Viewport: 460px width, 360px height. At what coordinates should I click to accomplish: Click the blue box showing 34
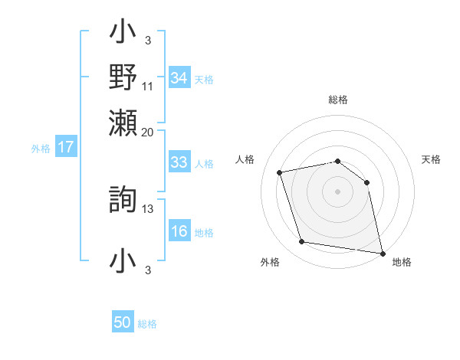point(179,78)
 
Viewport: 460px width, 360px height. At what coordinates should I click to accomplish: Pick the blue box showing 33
point(179,162)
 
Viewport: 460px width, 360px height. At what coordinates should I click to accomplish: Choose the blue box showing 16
point(179,232)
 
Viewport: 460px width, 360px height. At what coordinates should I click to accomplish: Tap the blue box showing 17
point(65,147)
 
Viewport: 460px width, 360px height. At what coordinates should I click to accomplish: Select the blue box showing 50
point(123,322)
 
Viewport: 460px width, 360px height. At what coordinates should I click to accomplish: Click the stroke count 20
point(148,132)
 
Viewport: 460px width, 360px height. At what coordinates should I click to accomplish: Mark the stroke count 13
point(148,208)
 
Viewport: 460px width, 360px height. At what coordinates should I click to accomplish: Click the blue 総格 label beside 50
point(147,324)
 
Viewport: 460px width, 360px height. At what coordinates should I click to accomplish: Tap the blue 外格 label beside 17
point(41,149)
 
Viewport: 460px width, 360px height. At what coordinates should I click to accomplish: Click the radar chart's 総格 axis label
point(338,100)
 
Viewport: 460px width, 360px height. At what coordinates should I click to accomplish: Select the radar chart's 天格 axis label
point(432,159)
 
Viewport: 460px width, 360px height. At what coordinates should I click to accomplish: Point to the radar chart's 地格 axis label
point(402,262)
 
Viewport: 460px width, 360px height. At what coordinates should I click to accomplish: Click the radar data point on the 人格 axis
point(280,172)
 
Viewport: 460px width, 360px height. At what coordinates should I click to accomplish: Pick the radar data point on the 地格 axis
point(382,253)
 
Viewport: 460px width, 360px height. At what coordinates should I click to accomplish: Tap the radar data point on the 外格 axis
point(302,242)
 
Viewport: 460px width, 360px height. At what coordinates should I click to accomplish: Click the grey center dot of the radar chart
point(338,191)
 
